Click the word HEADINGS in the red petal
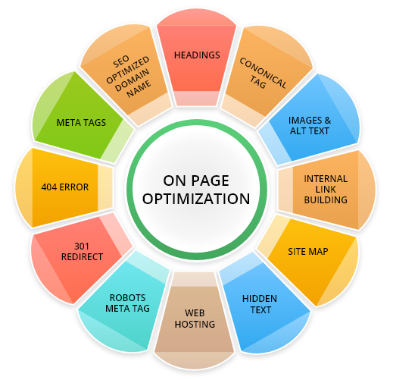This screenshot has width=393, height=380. pyautogui.click(x=197, y=55)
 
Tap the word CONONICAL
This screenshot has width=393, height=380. pyautogui.click(x=263, y=74)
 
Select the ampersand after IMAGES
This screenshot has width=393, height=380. pyautogui.click(x=328, y=121)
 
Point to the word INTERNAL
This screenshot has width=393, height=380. pyautogui.click(x=326, y=179)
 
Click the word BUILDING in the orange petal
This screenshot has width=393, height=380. pyautogui.click(x=326, y=200)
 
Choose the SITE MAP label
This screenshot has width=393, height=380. pyautogui.click(x=308, y=252)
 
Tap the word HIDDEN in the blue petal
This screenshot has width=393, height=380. pyautogui.click(x=260, y=299)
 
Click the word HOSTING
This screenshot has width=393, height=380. pyautogui.click(x=195, y=324)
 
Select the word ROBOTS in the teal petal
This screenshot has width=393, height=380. pyautogui.click(x=127, y=298)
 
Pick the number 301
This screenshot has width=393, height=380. pyautogui.click(x=82, y=247)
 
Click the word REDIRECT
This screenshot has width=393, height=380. pyautogui.click(x=82, y=257)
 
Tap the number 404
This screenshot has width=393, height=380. pyautogui.click(x=49, y=187)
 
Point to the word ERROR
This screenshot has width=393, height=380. pyautogui.click(x=74, y=187)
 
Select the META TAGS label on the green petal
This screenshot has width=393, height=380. pyautogui.click(x=81, y=123)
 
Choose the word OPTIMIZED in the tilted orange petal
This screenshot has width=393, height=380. pyautogui.click(x=128, y=70)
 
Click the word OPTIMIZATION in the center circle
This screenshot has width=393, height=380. pyautogui.click(x=196, y=199)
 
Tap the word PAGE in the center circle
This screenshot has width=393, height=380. pyautogui.click(x=210, y=181)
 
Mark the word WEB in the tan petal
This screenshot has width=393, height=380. pyautogui.click(x=195, y=313)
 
